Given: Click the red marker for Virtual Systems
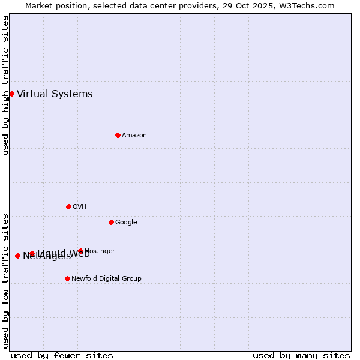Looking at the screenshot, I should tap(11, 94).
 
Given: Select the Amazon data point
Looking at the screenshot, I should tap(118, 135).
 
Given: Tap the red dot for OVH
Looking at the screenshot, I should tap(68, 206).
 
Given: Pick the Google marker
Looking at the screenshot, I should tap(111, 222).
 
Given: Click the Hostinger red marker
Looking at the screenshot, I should tap(80, 251).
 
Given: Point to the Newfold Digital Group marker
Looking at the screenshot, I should tap(67, 278).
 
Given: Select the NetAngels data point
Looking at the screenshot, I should tap(17, 256).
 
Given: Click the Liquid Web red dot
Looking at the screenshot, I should tap(32, 253).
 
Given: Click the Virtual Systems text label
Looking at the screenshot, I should tap(55, 94).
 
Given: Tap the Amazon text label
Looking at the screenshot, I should tap(134, 135).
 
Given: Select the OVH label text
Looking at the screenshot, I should tap(79, 206).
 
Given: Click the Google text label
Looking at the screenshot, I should tap(126, 222).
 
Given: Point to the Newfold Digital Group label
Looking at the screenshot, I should tap(106, 278).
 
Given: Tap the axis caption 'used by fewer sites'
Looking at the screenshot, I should tap(62, 355).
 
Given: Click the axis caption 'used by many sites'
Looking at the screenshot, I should tap(301, 355).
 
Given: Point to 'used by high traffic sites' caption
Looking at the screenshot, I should tap(5, 85).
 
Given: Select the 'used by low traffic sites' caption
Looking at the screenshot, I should tap(5, 281).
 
